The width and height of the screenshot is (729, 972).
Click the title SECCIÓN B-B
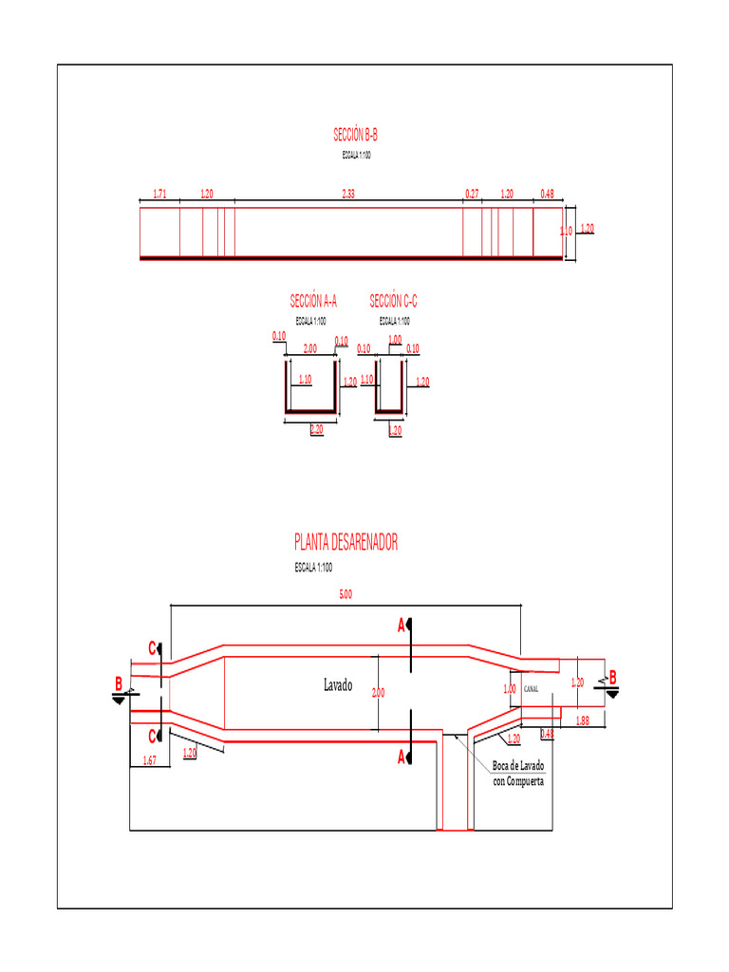(x=356, y=136)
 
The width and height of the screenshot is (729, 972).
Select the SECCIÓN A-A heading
(x=313, y=301)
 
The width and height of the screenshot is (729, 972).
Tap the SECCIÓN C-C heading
(x=393, y=301)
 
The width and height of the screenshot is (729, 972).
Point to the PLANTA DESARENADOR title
(x=346, y=542)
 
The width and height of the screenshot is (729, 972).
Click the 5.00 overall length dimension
(x=346, y=595)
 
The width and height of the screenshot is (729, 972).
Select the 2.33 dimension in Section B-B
(x=348, y=194)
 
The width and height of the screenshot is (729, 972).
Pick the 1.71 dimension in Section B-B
(x=159, y=194)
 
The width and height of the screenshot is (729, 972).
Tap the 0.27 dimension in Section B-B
(x=472, y=194)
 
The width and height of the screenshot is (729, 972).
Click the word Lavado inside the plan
(x=339, y=685)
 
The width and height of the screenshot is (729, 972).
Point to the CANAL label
(x=531, y=690)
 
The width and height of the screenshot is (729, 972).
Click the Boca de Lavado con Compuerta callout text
(x=518, y=774)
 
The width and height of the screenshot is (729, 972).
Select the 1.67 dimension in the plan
(x=149, y=760)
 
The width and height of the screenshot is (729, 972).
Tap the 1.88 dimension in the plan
(x=582, y=721)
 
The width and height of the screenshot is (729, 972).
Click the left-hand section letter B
(x=119, y=683)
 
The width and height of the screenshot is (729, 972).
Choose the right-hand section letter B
(x=612, y=677)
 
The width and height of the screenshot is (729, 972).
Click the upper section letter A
(x=402, y=626)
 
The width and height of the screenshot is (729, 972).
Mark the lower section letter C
(x=152, y=736)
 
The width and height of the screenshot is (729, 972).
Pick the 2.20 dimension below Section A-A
(x=316, y=430)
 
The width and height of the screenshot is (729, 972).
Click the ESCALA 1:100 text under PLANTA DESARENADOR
(x=313, y=568)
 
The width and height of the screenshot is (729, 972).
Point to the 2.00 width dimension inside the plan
(x=378, y=693)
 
